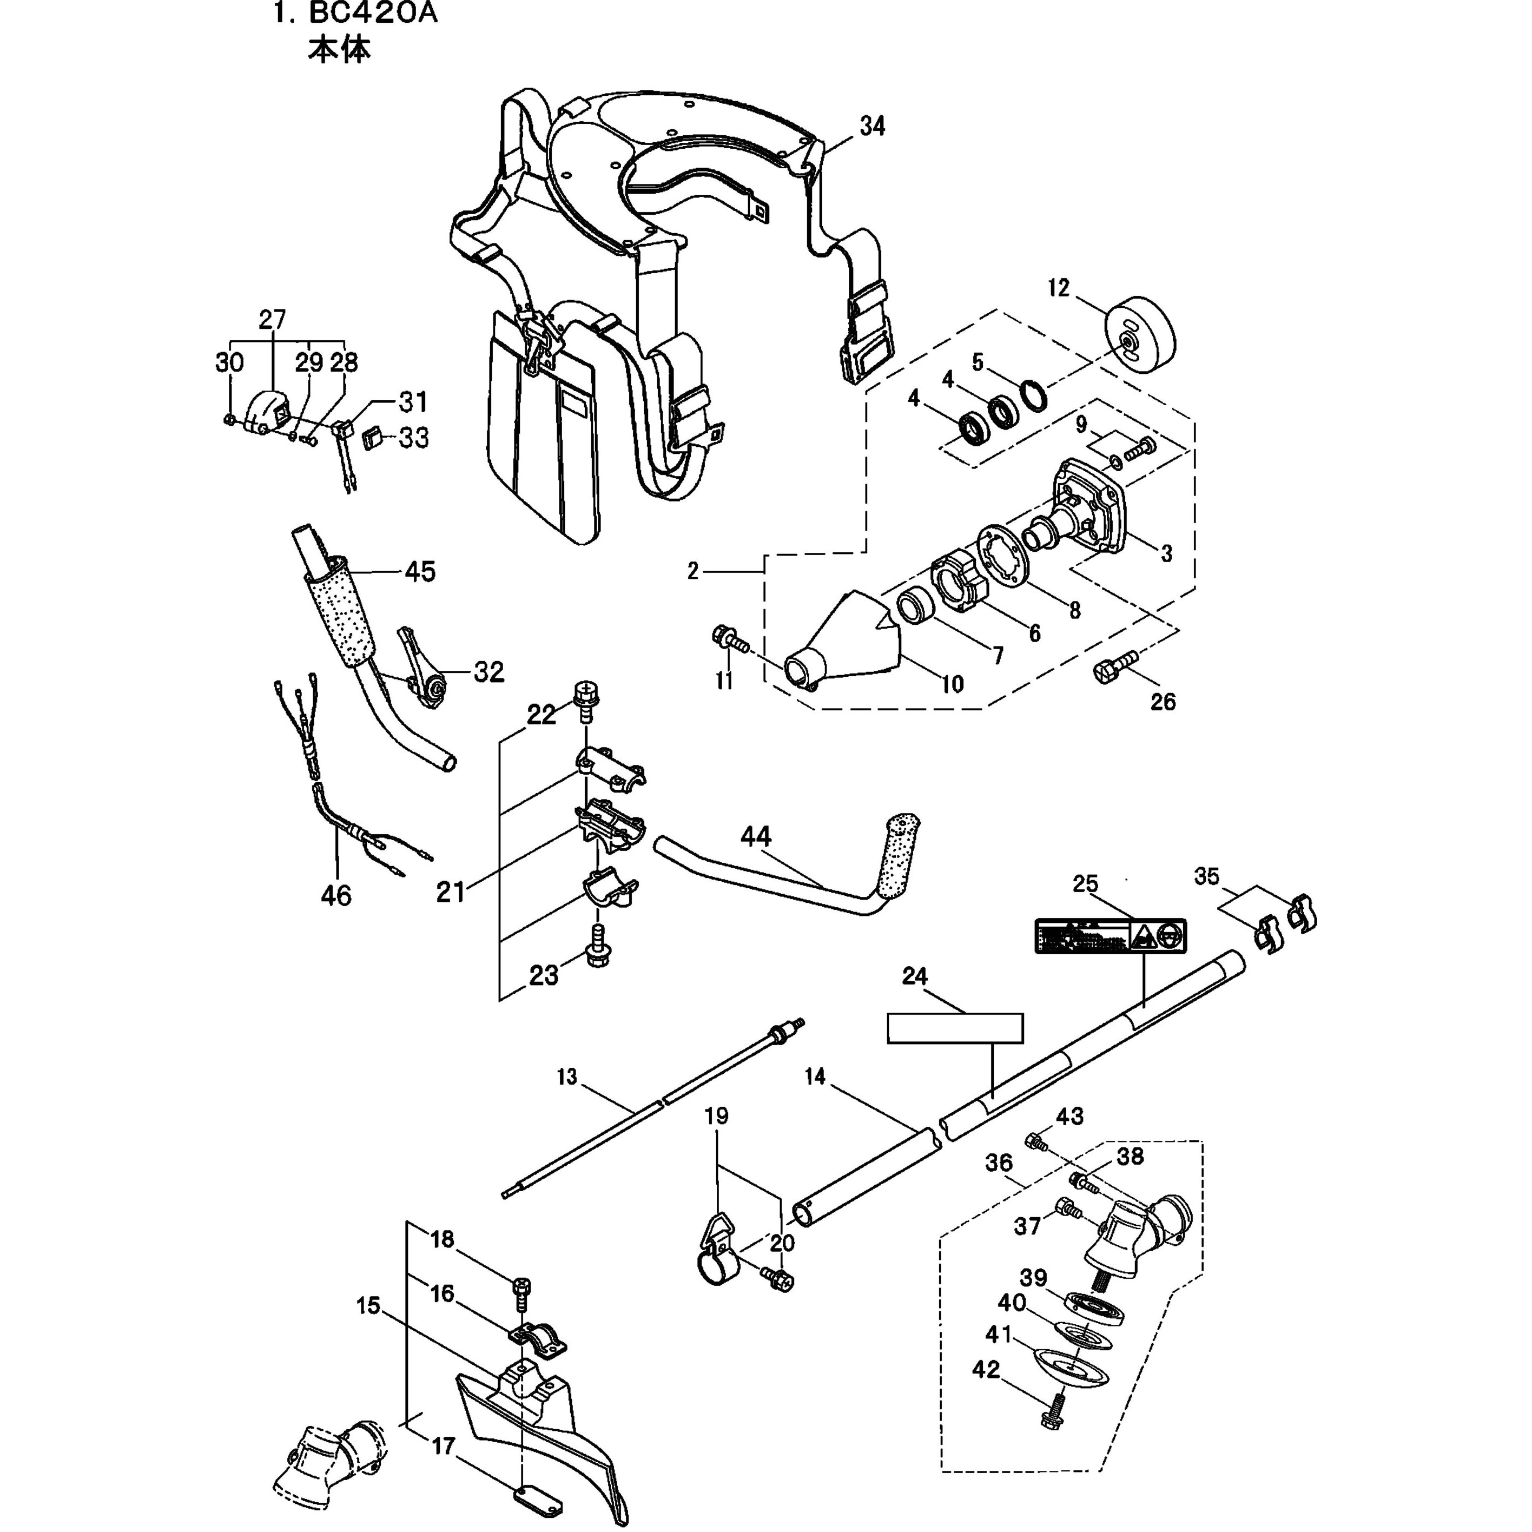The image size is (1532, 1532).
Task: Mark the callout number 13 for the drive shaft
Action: click(568, 1077)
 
